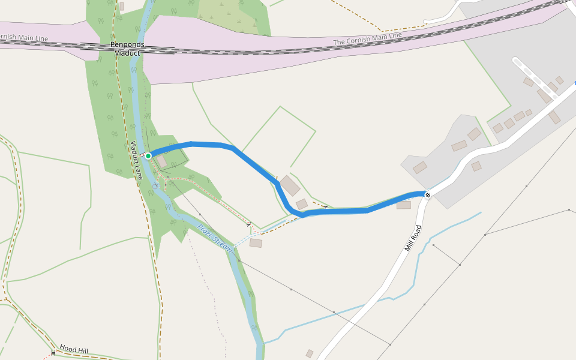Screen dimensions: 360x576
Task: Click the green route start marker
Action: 148,156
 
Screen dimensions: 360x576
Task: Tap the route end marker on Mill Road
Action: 428,194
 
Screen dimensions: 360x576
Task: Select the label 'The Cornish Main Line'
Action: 367,38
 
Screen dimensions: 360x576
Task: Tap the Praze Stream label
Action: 214,237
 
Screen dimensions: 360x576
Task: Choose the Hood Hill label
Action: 74,349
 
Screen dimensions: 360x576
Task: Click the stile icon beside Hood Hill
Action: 53,353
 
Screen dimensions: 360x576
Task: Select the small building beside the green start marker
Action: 161,161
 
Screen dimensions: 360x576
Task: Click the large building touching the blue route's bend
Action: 290,185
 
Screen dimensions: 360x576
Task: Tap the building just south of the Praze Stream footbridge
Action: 256,243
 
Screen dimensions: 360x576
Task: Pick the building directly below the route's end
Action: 404,205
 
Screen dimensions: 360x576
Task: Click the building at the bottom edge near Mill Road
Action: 310,353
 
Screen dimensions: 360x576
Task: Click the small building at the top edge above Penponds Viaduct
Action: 122,6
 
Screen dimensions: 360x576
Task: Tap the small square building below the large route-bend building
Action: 302,204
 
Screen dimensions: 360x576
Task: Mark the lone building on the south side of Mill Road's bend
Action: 476,166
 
